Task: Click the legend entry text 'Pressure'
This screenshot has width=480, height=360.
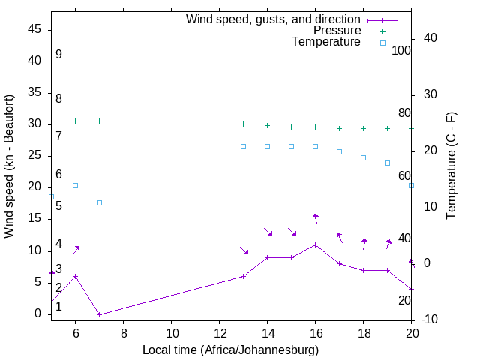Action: [x=337, y=31]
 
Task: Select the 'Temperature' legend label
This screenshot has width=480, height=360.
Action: [x=326, y=42]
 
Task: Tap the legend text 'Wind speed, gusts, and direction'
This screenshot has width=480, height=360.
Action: [x=274, y=19]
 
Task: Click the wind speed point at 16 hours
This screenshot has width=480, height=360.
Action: [x=316, y=244]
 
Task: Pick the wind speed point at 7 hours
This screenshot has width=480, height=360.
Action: [x=99, y=314]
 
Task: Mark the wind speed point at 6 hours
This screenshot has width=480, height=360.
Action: [x=75, y=276]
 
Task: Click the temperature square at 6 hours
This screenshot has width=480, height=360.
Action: [x=75, y=185]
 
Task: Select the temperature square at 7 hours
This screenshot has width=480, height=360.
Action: [x=99, y=202]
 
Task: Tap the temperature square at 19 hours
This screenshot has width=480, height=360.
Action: [x=388, y=163]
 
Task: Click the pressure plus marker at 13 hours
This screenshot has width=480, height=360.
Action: [x=243, y=124]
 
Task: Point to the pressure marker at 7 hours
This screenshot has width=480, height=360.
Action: [x=99, y=121]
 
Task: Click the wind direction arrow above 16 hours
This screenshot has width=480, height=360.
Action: [x=316, y=218]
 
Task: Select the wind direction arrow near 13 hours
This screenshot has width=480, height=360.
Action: [x=244, y=250]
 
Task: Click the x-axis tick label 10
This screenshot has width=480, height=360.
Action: [x=171, y=334]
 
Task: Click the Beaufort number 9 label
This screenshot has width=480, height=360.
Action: [x=58, y=55]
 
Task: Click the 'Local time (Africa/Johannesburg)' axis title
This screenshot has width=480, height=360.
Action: [x=231, y=349]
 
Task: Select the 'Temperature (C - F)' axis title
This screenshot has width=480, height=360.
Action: [x=451, y=166]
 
